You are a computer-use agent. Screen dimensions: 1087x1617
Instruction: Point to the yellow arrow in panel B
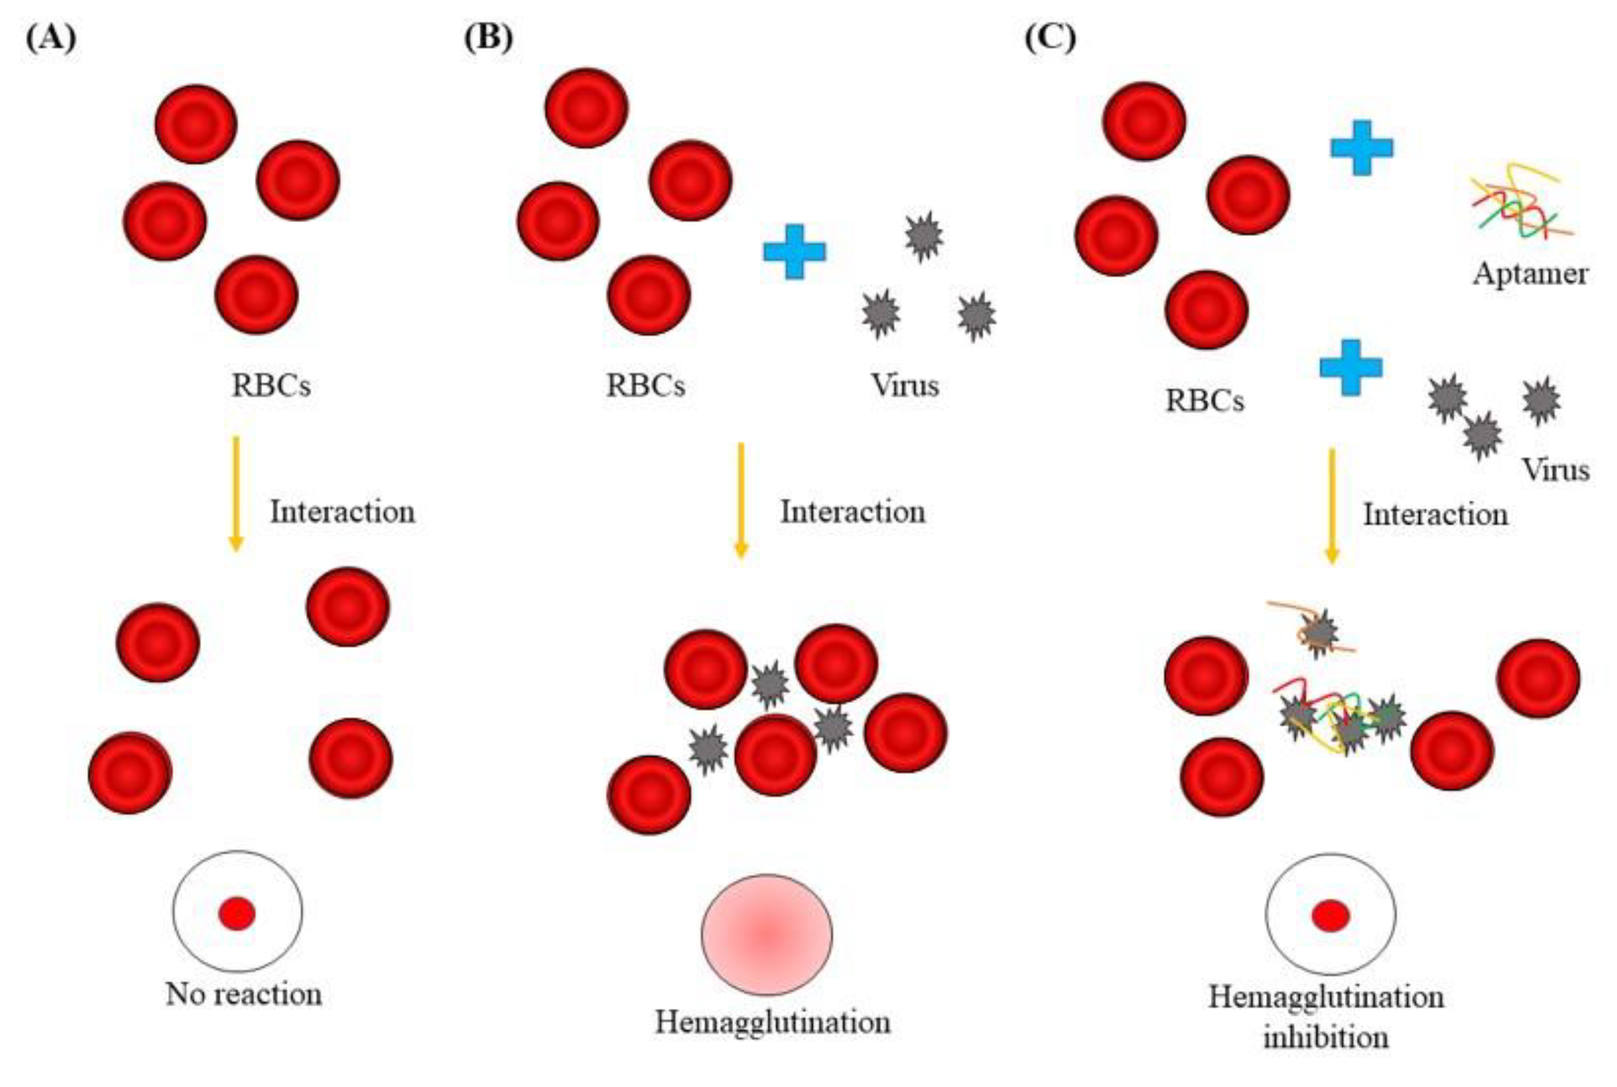(740, 499)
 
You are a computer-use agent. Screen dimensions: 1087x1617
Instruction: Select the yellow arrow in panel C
(1331, 506)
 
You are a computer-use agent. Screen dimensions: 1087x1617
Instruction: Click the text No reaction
(243, 995)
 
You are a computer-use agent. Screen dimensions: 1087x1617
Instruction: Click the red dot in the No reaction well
(237, 914)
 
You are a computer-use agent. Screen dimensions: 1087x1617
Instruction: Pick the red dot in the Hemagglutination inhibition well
(1330, 916)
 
